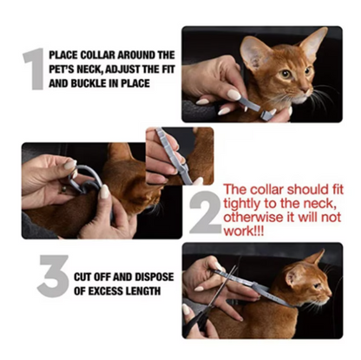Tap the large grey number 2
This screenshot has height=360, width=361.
206,213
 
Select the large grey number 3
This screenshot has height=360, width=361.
54,276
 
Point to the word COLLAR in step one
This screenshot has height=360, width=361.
96,55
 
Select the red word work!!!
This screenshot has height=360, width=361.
244,231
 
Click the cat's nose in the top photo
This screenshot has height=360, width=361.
307,90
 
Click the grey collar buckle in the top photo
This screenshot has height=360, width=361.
266,115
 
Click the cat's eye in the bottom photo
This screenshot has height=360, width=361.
318,286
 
